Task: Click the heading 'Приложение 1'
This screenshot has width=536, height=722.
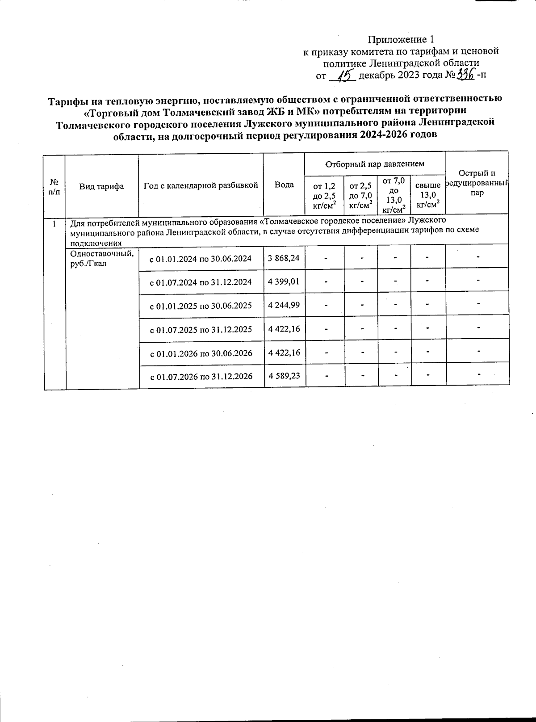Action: tap(401, 39)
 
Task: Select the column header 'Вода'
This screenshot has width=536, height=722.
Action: tap(284, 184)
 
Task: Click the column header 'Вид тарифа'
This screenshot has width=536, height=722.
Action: tap(101, 186)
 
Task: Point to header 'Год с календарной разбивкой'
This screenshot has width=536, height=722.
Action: tap(201, 185)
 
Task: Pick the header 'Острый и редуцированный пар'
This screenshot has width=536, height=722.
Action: tap(477, 183)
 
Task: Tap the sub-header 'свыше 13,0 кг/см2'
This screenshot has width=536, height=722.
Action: tap(427, 195)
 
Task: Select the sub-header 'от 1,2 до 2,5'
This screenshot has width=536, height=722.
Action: tap(324, 195)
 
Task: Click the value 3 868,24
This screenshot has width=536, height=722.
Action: tap(284, 258)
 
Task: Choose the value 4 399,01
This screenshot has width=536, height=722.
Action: tap(284, 281)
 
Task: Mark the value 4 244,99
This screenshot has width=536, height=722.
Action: tap(284, 305)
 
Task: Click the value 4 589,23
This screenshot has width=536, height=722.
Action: tap(284, 376)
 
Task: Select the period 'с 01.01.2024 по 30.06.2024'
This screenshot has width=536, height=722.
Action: tap(200, 258)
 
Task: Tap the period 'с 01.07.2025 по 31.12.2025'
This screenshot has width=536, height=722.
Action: tap(201, 329)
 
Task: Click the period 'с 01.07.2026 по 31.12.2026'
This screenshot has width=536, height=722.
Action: tap(201, 377)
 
